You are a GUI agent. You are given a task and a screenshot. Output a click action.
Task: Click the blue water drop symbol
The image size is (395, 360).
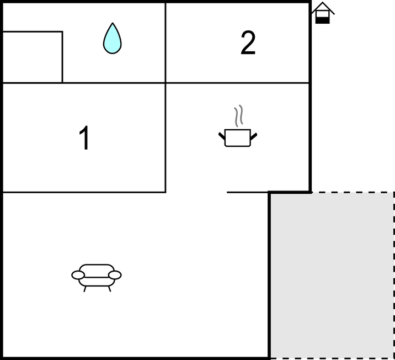[113, 38]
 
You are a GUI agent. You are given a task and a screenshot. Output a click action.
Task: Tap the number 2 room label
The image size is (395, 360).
[248, 43]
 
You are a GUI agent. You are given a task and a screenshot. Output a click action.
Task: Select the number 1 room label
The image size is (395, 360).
[84, 137]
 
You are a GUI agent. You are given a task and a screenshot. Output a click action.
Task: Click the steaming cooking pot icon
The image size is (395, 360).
[238, 126]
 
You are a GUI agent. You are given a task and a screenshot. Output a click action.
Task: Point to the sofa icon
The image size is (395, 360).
[97, 278]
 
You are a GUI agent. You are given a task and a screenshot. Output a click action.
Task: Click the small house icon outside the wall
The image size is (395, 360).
[323, 13]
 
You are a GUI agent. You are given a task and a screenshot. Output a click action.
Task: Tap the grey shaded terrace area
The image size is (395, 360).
[332, 275]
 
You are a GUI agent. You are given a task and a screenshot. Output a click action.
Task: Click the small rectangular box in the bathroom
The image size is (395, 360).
[33, 57]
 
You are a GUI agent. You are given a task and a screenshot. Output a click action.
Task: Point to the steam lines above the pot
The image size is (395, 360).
[239, 115]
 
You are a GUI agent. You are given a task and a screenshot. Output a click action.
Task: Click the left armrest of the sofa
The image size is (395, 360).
[78, 275]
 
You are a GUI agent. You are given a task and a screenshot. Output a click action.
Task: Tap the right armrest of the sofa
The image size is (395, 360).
[115, 275]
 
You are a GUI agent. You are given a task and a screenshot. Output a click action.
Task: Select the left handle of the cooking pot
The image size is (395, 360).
[222, 136]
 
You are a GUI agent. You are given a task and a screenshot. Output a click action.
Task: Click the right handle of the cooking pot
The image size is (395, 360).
[254, 136]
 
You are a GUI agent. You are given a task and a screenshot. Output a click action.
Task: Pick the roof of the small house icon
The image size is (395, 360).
[323, 7]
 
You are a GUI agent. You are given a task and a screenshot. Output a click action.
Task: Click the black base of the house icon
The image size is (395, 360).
[323, 20]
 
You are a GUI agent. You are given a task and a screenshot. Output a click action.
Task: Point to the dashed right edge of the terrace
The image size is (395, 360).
[394, 275]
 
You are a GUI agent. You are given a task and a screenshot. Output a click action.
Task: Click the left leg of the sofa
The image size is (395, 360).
[85, 289]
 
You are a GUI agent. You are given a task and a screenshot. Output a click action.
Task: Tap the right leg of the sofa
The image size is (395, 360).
[109, 289]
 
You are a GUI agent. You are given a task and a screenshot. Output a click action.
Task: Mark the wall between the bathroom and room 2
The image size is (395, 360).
[166, 43]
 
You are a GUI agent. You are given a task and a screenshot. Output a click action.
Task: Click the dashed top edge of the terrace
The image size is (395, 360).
[353, 192]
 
